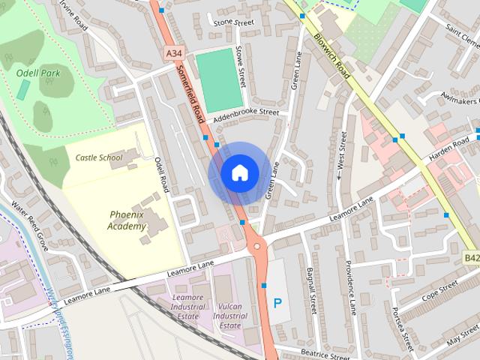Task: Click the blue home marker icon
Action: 239,172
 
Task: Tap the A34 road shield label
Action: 173,53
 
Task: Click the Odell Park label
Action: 37,74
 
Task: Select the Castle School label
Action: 98,157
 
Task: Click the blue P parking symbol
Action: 277,304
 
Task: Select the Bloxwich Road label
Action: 332,43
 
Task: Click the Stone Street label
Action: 233,23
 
